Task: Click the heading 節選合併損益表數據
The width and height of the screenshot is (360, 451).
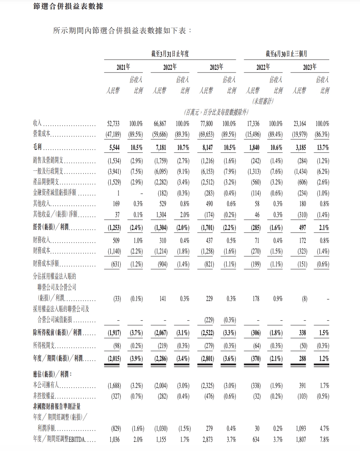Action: [x=68, y=6]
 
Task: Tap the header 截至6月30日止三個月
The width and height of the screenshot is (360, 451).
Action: [x=287, y=54]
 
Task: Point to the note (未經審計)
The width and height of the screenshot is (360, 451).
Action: [x=263, y=101]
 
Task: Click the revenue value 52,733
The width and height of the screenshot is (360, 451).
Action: [x=114, y=124]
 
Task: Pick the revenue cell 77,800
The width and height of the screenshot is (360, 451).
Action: [x=207, y=124]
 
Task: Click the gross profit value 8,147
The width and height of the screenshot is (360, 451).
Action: [x=208, y=148]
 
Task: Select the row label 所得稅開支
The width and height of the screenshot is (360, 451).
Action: [x=45, y=346]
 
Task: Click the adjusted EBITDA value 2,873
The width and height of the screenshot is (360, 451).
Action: [x=207, y=440]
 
